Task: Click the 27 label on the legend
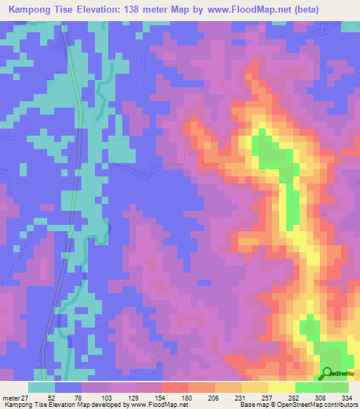pos(28,397)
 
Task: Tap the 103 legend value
pos(105,397)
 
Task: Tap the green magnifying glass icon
pos(328,374)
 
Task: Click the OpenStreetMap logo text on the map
pos(342,375)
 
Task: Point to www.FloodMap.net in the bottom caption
pos(151,405)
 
